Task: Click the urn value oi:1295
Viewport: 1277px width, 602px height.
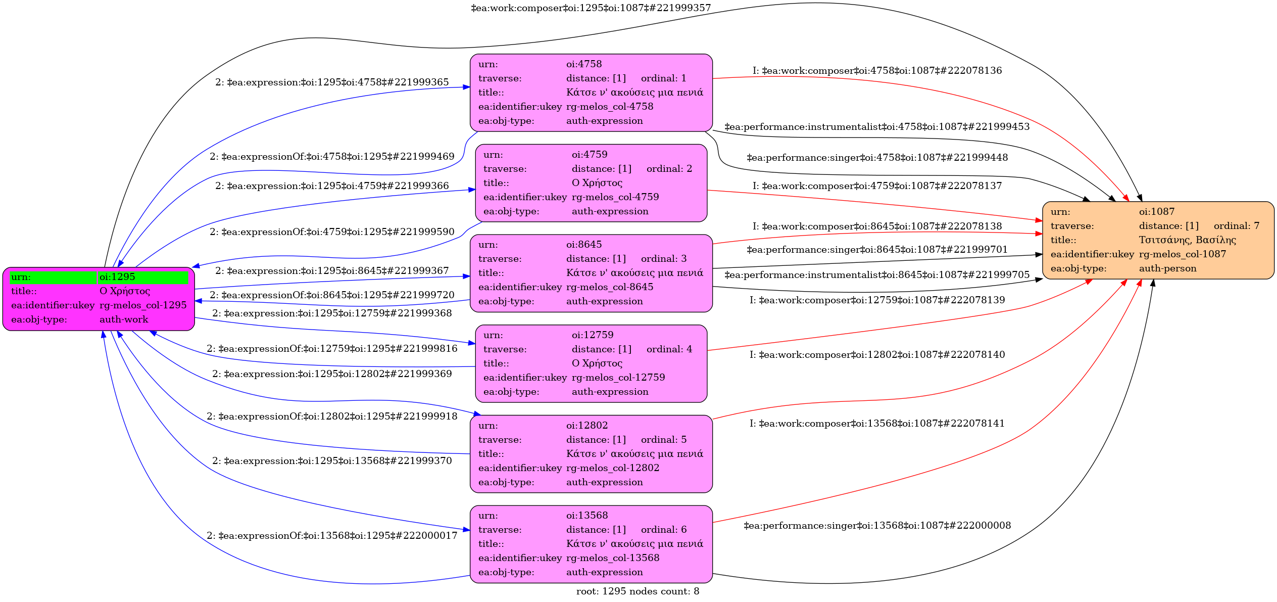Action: (x=117, y=277)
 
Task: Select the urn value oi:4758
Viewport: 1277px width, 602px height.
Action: (x=584, y=64)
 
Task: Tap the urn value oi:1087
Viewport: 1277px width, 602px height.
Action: (x=1157, y=212)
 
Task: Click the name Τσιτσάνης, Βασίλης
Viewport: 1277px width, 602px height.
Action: (x=1187, y=240)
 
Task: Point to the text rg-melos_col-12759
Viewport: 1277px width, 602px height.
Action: (x=618, y=378)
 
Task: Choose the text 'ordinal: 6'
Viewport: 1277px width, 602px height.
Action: (x=664, y=530)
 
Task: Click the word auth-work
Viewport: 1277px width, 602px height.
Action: (x=124, y=319)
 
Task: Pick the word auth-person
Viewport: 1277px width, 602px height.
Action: (x=1167, y=268)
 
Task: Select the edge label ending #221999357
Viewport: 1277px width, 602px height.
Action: (x=591, y=8)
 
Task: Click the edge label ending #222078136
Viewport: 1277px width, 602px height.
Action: (x=877, y=71)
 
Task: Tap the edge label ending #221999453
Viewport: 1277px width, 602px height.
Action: (x=877, y=127)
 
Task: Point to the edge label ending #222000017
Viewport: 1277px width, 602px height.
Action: (x=332, y=536)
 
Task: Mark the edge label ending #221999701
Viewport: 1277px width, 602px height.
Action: (x=877, y=250)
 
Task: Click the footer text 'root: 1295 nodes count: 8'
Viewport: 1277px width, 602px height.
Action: (x=637, y=591)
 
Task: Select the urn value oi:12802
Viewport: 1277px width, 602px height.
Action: (x=587, y=426)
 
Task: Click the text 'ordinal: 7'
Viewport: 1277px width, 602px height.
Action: (x=1237, y=226)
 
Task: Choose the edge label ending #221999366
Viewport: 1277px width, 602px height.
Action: (x=332, y=186)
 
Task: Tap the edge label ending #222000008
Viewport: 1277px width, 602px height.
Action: (x=877, y=526)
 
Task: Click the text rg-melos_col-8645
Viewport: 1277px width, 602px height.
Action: (x=610, y=287)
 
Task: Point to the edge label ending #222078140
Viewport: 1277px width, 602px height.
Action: (x=877, y=355)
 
